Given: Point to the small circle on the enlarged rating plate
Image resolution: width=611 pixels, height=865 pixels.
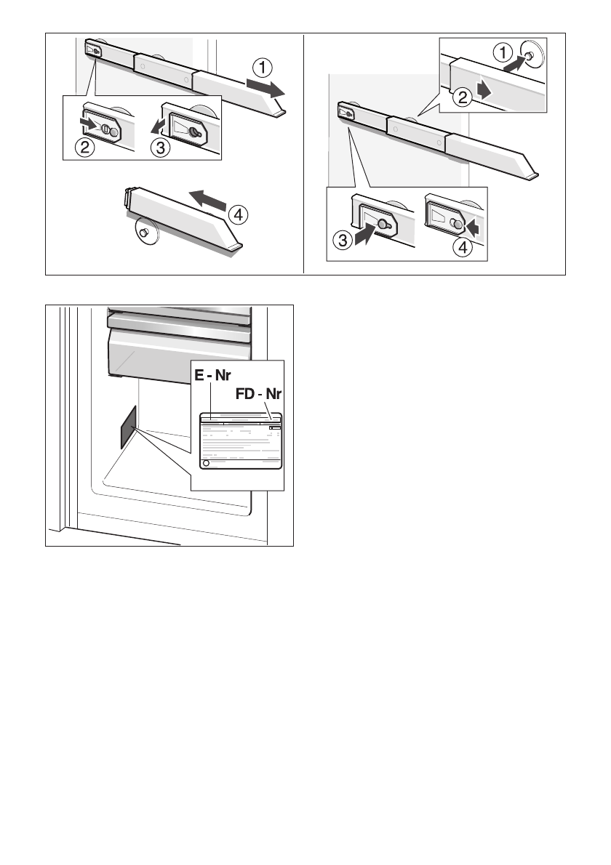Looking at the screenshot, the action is tap(205, 462).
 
